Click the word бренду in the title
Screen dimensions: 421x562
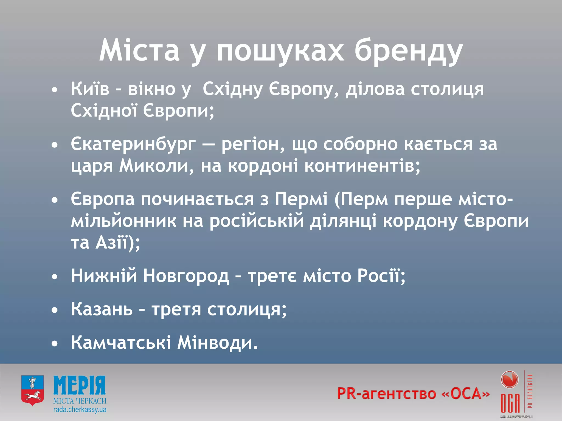point(408,51)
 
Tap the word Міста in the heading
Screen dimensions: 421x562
point(139,51)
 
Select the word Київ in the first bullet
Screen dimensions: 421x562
point(90,89)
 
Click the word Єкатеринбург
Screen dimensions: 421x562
point(133,144)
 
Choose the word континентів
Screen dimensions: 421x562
point(362,166)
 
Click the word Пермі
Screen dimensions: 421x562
point(301,199)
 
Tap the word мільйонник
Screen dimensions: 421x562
point(123,221)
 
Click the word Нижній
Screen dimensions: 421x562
point(104,276)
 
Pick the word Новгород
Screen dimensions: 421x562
point(186,276)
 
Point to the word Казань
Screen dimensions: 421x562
point(102,309)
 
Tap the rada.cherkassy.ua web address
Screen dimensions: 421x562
point(80,410)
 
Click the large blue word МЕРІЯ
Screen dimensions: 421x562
point(80,385)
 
